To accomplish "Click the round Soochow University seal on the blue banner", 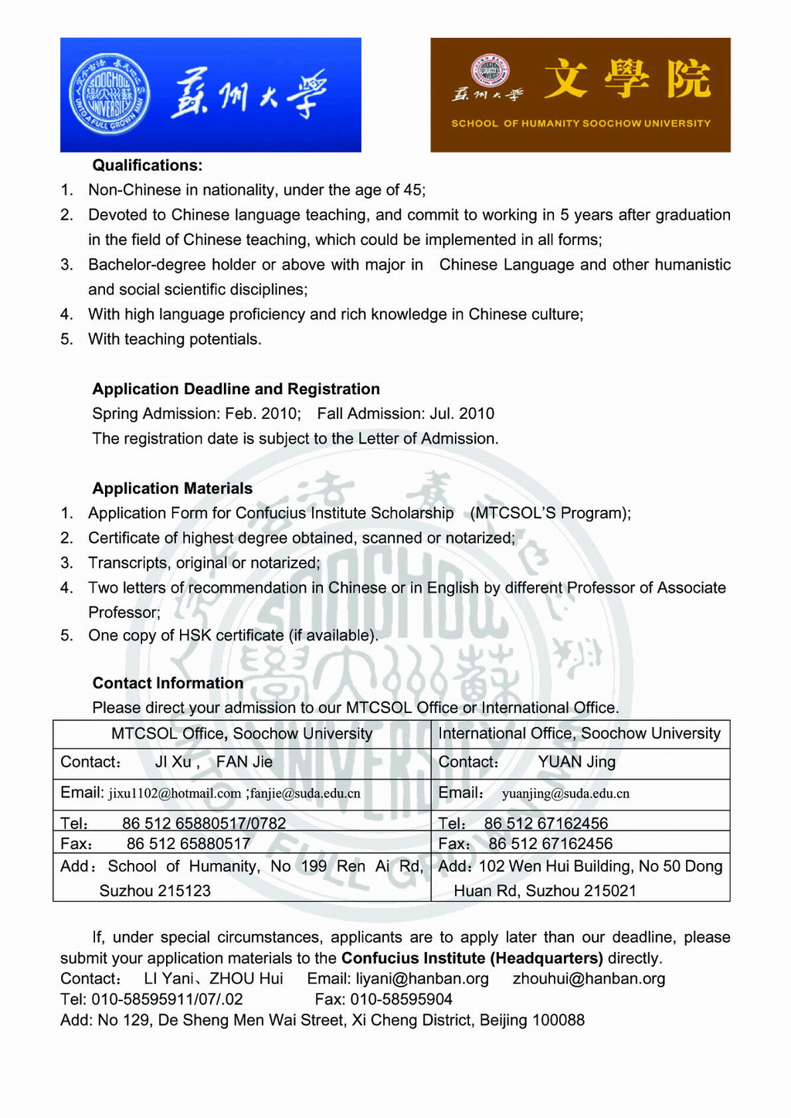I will pyautogui.click(x=108, y=95).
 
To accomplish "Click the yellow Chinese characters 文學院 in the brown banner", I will pyautogui.click(x=626, y=80).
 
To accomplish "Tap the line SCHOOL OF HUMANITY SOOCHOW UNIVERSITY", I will pyautogui.click(x=581, y=124).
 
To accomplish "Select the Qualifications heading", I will pyautogui.click(x=148, y=165).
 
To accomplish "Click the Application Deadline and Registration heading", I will pyautogui.click(x=236, y=389).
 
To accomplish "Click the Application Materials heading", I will pyautogui.click(x=172, y=488).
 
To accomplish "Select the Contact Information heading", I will pyautogui.click(x=168, y=683).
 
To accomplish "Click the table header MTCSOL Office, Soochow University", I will pyautogui.click(x=242, y=734).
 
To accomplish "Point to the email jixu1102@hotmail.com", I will pyautogui.click(x=175, y=793).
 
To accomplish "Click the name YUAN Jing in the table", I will pyautogui.click(x=576, y=763).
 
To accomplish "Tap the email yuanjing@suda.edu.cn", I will pyautogui.click(x=565, y=793).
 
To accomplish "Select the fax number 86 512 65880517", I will pyautogui.click(x=188, y=844).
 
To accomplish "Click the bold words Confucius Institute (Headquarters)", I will pyautogui.click(x=472, y=959).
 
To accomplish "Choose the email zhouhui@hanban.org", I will pyautogui.click(x=589, y=980).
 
